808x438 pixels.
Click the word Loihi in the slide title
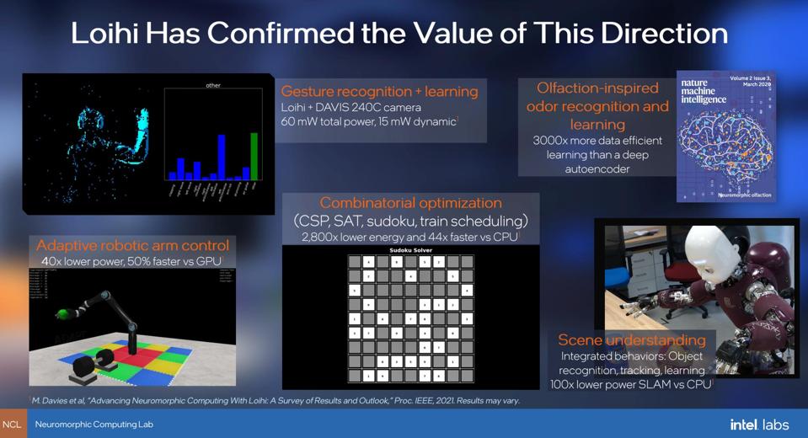coord(108,34)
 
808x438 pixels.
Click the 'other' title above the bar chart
coord(212,85)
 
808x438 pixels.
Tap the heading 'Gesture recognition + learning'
coord(379,91)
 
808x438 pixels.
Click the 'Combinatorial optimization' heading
coord(410,203)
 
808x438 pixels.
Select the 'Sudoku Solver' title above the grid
coord(410,250)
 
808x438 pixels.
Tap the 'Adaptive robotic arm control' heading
coord(132,245)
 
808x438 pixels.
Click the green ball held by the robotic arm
coord(61,315)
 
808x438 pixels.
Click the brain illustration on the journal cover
coord(725,152)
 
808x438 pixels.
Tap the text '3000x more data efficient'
coord(597,140)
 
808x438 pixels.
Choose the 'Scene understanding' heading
coord(632,340)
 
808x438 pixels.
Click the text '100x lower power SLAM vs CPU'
coord(630,383)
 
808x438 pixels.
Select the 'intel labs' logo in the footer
coord(759,425)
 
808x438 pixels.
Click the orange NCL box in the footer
coord(12,425)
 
